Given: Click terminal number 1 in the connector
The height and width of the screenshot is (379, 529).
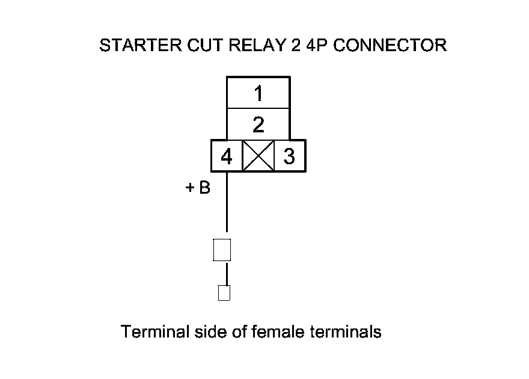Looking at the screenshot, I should [x=258, y=94].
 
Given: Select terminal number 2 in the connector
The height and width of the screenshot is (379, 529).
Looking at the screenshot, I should [x=258, y=125].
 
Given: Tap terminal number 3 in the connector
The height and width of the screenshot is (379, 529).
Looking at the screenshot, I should [x=289, y=156].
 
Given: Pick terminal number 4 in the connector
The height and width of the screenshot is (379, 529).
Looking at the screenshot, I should [x=226, y=156].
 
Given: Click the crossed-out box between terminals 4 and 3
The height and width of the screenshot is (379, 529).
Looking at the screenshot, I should [x=258, y=156].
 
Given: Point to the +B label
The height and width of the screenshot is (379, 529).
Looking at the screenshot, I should [x=198, y=188].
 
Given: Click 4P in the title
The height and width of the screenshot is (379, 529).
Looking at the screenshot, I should [x=316, y=46].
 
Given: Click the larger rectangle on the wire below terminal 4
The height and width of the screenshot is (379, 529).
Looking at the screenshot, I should [x=222, y=250].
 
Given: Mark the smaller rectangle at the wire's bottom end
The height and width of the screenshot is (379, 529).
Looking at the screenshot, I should [x=224, y=293].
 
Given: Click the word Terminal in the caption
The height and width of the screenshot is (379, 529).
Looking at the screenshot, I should [x=148, y=331].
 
